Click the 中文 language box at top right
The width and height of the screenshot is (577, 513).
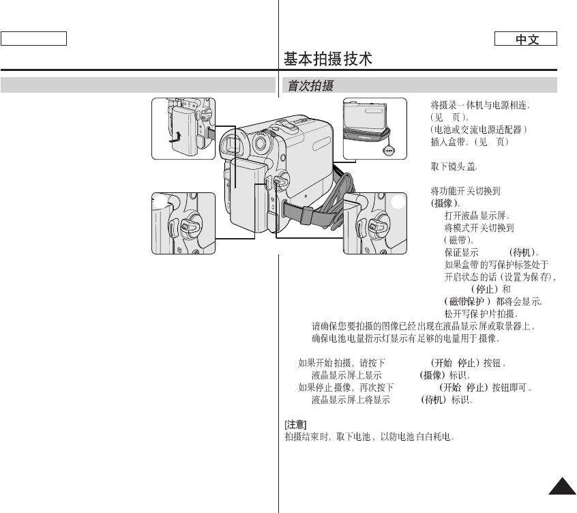pyautogui.click(x=527, y=40)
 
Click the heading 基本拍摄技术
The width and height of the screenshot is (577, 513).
pyautogui.click(x=328, y=59)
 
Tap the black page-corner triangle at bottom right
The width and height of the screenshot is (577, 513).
pyautogui.click(x=561, y=485)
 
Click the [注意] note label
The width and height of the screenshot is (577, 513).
pyautogui.click(x=295, y=424)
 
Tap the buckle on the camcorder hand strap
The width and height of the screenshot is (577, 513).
pyautogui.click(x=305, y=216)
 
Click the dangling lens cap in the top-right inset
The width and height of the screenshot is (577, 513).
pyautogui.click(x=389, y=151)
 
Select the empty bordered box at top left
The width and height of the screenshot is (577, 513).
pyautogui.click(x=33, y=38)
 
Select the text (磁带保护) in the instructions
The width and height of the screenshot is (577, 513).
pyautogui.click(x=465, y=302)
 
